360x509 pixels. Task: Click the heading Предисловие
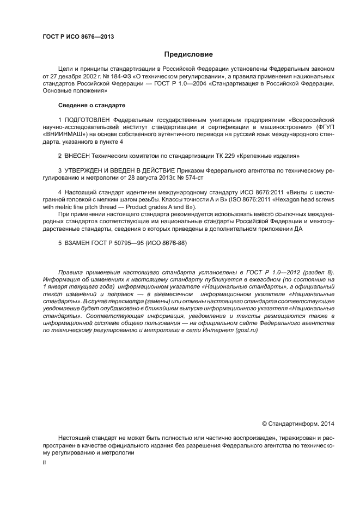click(x=188, y=54)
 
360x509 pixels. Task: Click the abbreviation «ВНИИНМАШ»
click(x=61, y=134)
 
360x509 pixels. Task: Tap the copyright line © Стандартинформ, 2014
click(x=298, y=423)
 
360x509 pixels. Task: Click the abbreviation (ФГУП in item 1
click(x=324, y=126)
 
